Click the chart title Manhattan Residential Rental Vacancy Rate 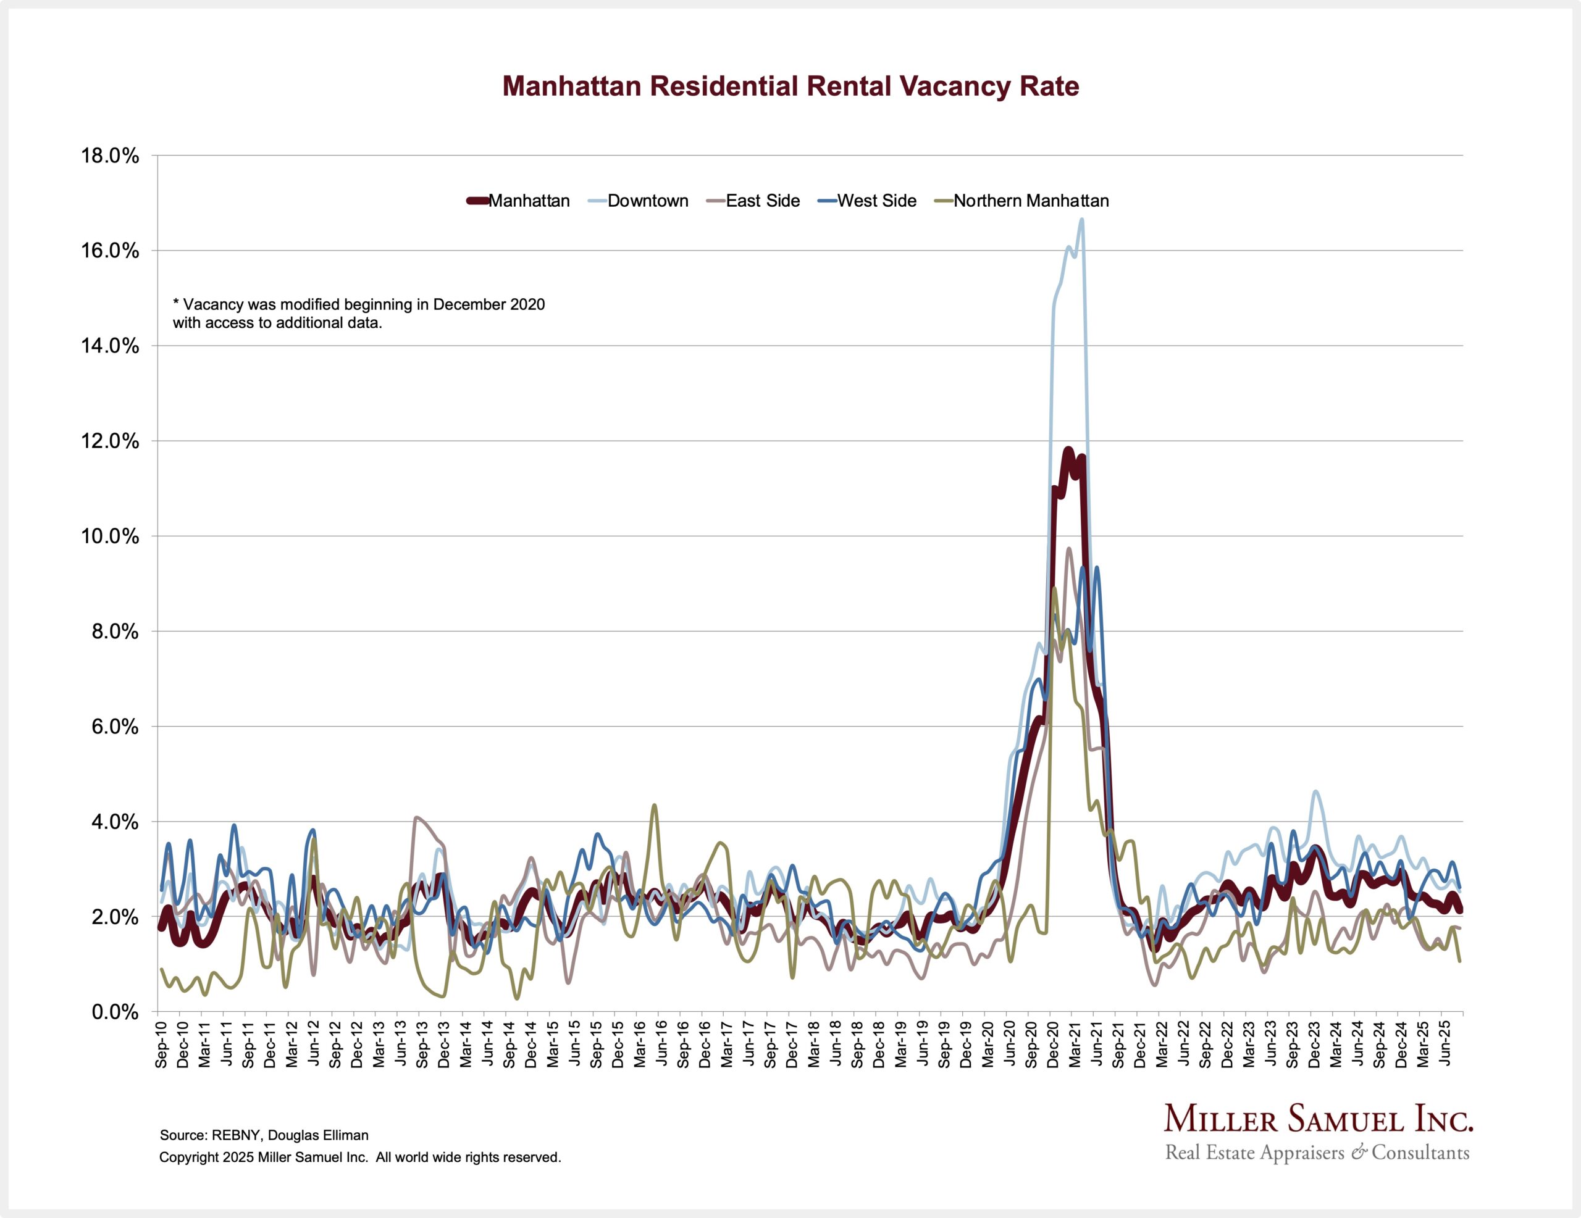pyautogui.click(x=790, y=86)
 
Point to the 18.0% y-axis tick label pyautogui.click(x=110, y=156)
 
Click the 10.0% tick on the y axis pyautogui.click(x=110, y=536)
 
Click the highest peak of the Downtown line pyautogui.click(x=1081, y=219)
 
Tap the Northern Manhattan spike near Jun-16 pyautogui.click(x=655, y=805)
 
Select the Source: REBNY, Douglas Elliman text pyautogui.click(x=264, y=1135)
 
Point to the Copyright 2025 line pyautogui.click(x=360, y=1158)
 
